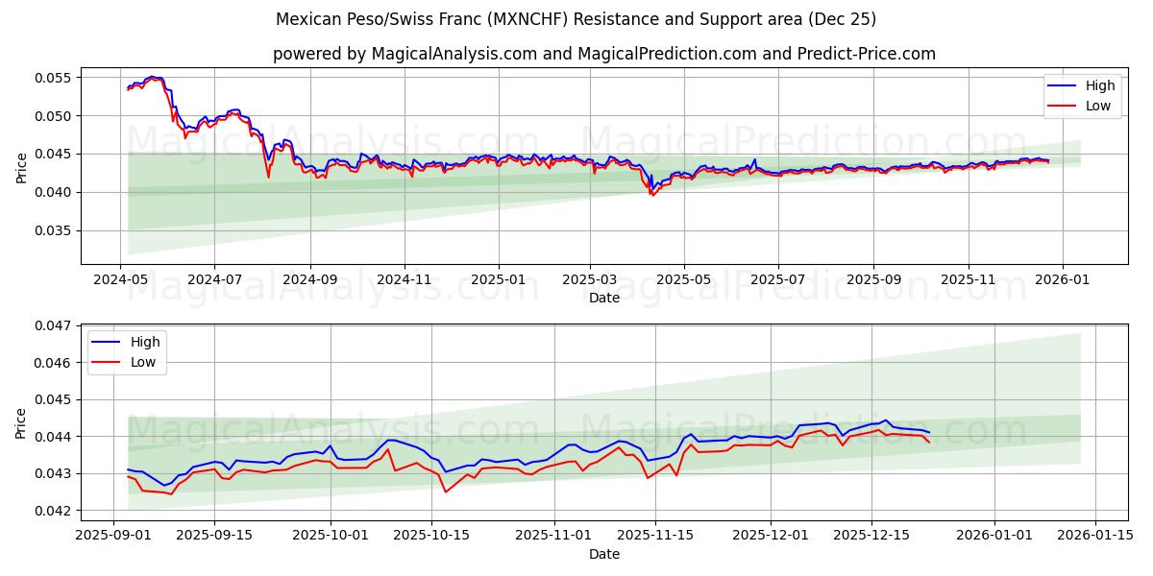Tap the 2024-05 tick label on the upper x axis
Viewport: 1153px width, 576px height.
click(120, 278)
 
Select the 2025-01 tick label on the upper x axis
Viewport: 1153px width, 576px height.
click(498, 278)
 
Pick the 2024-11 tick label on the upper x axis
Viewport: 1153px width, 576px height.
click(404, 278)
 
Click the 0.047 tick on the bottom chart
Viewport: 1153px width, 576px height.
click(54, 325)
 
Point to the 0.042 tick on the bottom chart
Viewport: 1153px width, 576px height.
click(54, 511)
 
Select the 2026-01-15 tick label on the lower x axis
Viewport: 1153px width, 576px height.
click(1095, 535)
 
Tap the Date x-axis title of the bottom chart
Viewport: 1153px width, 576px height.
click(604, 554)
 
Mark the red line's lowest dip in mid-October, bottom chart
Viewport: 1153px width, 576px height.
click(445, 492)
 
